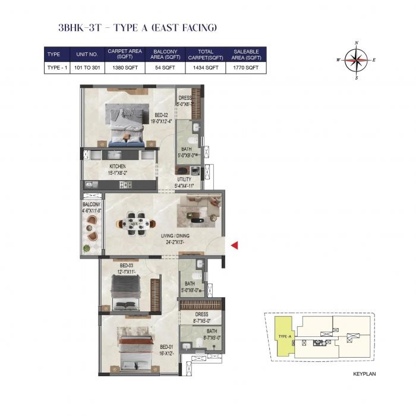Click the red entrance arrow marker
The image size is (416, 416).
(x=235, y=245)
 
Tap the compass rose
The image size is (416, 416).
(x=356, y=59)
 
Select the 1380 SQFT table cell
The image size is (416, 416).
(x=124, y=68)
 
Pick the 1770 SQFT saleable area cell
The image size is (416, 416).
(x=245, y=68)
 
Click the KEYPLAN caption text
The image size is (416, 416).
(x=364, y=374)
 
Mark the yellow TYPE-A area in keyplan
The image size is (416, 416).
(x=282, y=336)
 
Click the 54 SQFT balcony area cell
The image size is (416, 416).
(x=164, y=68)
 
